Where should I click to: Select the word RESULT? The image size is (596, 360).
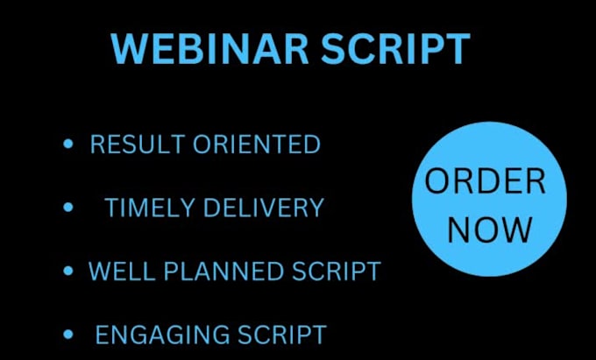131,145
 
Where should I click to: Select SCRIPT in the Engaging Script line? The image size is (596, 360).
282,334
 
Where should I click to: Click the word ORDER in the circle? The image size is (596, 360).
485,182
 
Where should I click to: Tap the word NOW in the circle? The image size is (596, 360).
490,229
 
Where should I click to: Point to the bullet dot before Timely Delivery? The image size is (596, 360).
68,208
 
